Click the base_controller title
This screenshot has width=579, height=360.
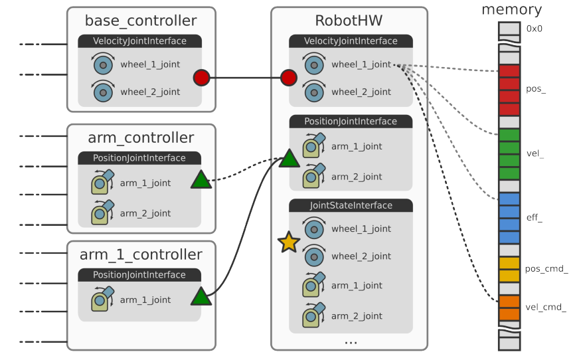141,21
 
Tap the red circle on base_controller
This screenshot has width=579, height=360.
201,78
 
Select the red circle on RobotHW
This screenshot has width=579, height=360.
288,78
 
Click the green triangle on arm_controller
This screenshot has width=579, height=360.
201,180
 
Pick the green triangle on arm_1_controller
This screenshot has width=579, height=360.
201,296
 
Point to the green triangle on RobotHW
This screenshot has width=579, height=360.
289,159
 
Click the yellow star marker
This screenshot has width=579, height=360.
288,242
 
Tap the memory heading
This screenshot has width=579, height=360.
511,10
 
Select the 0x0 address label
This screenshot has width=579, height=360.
534,29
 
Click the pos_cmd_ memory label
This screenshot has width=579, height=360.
546,269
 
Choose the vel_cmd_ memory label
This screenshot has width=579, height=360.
546,307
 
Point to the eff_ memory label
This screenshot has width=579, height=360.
534,218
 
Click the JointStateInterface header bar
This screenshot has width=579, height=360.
351,205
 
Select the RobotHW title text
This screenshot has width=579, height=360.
349,21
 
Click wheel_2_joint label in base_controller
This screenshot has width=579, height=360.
150,92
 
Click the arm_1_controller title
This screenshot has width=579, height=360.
141,254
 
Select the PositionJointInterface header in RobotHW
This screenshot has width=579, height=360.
351,122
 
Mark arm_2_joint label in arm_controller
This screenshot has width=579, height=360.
145,213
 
